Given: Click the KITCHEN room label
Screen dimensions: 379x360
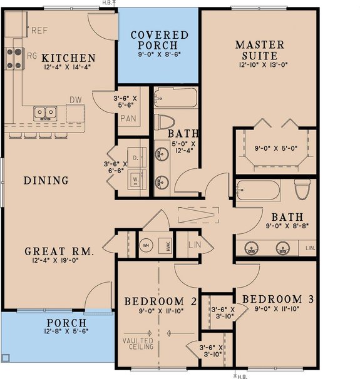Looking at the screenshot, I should pos(69,58).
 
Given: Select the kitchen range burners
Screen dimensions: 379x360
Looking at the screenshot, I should pos(14,58).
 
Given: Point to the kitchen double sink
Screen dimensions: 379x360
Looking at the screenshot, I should pos(44,113).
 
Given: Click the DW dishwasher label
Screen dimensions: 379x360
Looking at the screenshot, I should pos(75,99).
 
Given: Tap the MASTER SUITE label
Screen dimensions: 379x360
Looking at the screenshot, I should pos(259,51).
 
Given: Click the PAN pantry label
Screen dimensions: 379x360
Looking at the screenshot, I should pos(128,118).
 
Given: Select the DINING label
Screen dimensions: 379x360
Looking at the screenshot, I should pos(46,181).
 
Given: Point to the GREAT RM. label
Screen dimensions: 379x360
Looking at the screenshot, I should pos(59,251).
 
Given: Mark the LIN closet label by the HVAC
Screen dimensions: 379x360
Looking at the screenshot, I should pos(195,244).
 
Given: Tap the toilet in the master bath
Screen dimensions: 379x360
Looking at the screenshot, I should pos(303,189).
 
